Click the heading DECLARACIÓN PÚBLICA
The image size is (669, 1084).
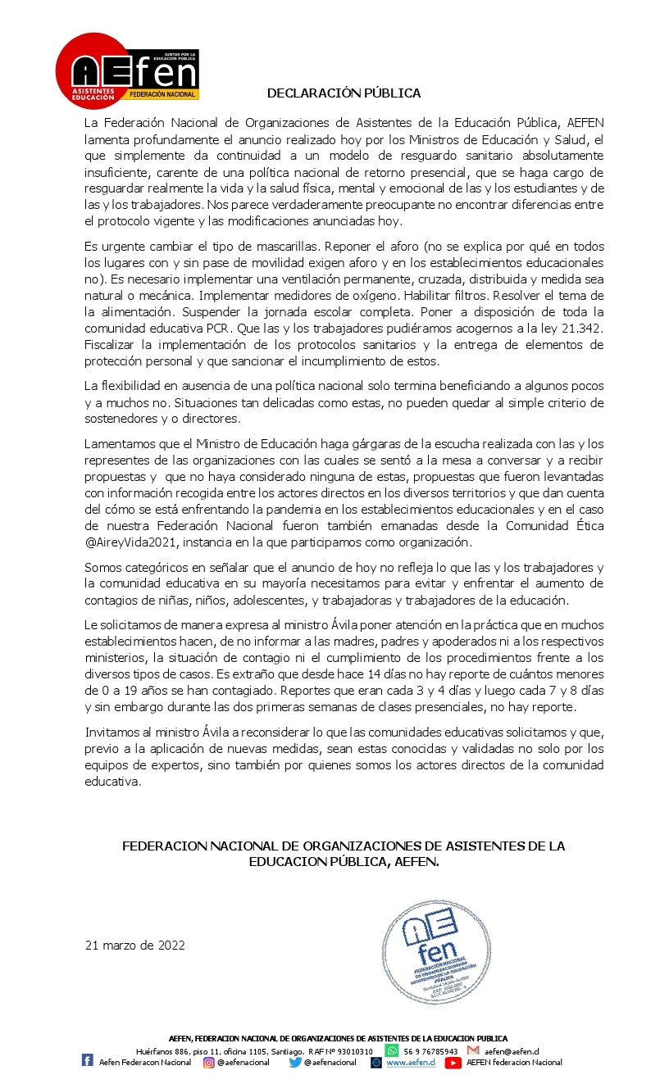coord(344,93)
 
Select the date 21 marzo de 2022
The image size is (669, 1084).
coord(135,946)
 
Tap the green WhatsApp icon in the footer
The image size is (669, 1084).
coord(392,1050)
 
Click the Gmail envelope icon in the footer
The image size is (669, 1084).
coord(473,1050)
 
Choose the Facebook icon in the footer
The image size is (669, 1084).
coord(88,1061)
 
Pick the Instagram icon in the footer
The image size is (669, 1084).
coord(209,1062)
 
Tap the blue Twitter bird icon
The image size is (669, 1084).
coord(295,1062)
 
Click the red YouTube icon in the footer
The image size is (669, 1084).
coord(453,1062)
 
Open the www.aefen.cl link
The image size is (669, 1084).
coord(409,1063)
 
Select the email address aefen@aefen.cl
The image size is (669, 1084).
coord(512,1051)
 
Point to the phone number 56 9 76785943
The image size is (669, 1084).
coord(430,1051)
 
